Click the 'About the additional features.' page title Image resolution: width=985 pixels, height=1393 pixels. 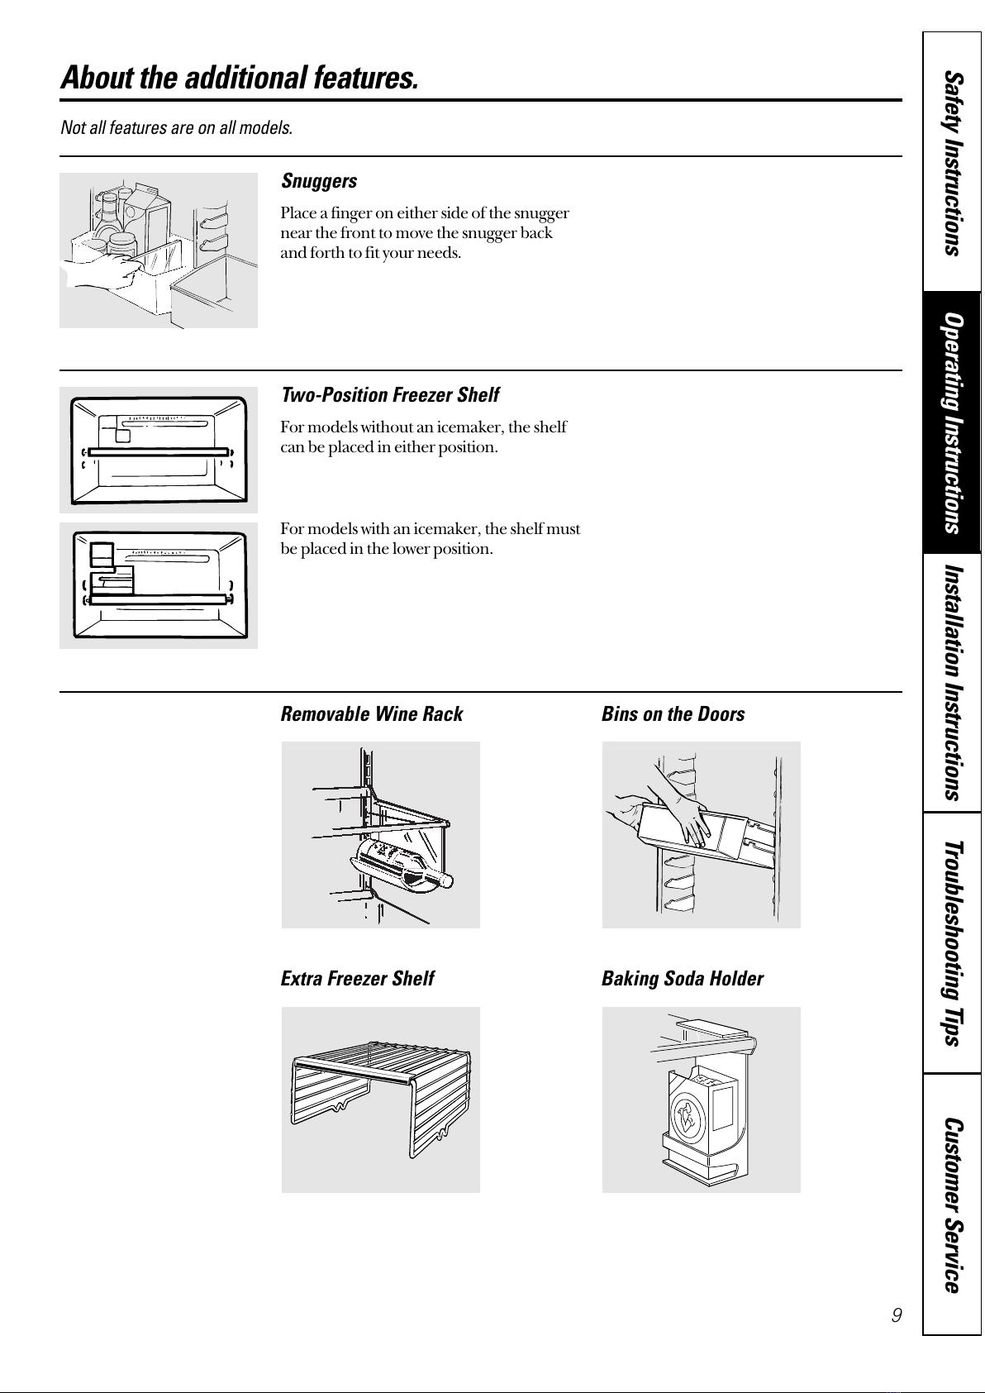coord(239,79)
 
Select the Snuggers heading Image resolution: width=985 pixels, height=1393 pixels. coord(319,181)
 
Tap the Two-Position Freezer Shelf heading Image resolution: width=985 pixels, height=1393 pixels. coord(390,395)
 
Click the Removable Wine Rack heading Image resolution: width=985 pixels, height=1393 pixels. coord(372,714)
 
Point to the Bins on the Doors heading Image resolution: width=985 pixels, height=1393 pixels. coord(673,714)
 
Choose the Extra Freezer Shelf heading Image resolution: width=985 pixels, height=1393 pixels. coord(357,979)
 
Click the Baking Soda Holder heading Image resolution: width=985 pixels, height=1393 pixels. coord(682,979)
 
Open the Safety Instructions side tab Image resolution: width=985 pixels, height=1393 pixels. coord(953,163)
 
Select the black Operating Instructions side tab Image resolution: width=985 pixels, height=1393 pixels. coord(953,422)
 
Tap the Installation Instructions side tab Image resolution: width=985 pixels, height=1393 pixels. coord(953,682)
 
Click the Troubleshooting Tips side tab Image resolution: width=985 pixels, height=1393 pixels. coord(953,942)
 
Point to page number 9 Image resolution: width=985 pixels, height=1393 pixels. coord(897,1314)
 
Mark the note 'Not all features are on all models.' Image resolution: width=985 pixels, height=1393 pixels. coord(176,128)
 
